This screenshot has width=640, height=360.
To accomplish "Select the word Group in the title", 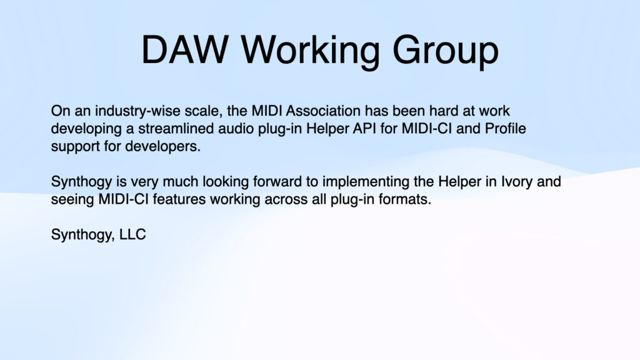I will tap(445, 50).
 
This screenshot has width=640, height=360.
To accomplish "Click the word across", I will tap(283, 201).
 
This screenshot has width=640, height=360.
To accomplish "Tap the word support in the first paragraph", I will tap(72, 147).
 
